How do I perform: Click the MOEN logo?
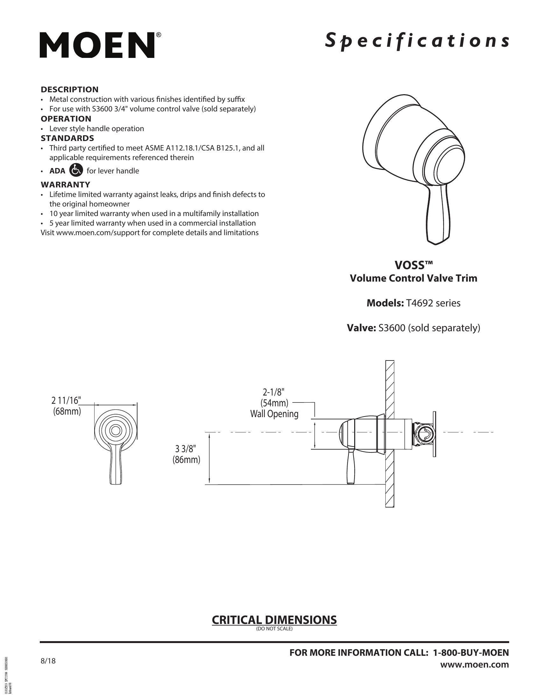97,45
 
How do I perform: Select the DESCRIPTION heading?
70,89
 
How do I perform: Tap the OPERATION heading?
66,119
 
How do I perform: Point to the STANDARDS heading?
67,138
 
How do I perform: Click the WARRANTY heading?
65,184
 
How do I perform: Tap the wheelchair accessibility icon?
76,170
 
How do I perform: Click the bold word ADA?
57,171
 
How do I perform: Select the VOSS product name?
413,265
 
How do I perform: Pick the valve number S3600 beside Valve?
393,328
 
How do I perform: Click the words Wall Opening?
274,414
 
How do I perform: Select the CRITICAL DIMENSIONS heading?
274,620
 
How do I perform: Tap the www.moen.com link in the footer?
474,664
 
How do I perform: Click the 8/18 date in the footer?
48,661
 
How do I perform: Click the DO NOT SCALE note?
274,628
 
